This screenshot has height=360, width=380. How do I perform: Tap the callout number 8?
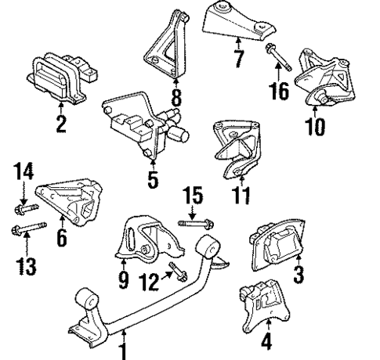pyautogui.click(x=176, y=99)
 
